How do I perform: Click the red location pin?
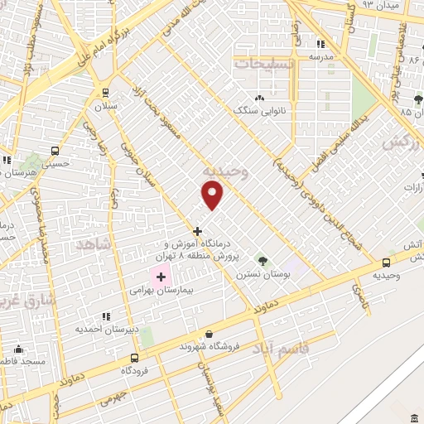213,195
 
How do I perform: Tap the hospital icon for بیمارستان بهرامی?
161,276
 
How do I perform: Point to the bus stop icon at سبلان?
105,93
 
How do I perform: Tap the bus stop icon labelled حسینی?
55,152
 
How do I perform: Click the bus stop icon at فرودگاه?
134,358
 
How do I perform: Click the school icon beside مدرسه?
320,45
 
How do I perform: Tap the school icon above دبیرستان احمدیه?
105,316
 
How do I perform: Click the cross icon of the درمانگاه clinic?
197,231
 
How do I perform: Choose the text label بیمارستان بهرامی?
154,291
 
